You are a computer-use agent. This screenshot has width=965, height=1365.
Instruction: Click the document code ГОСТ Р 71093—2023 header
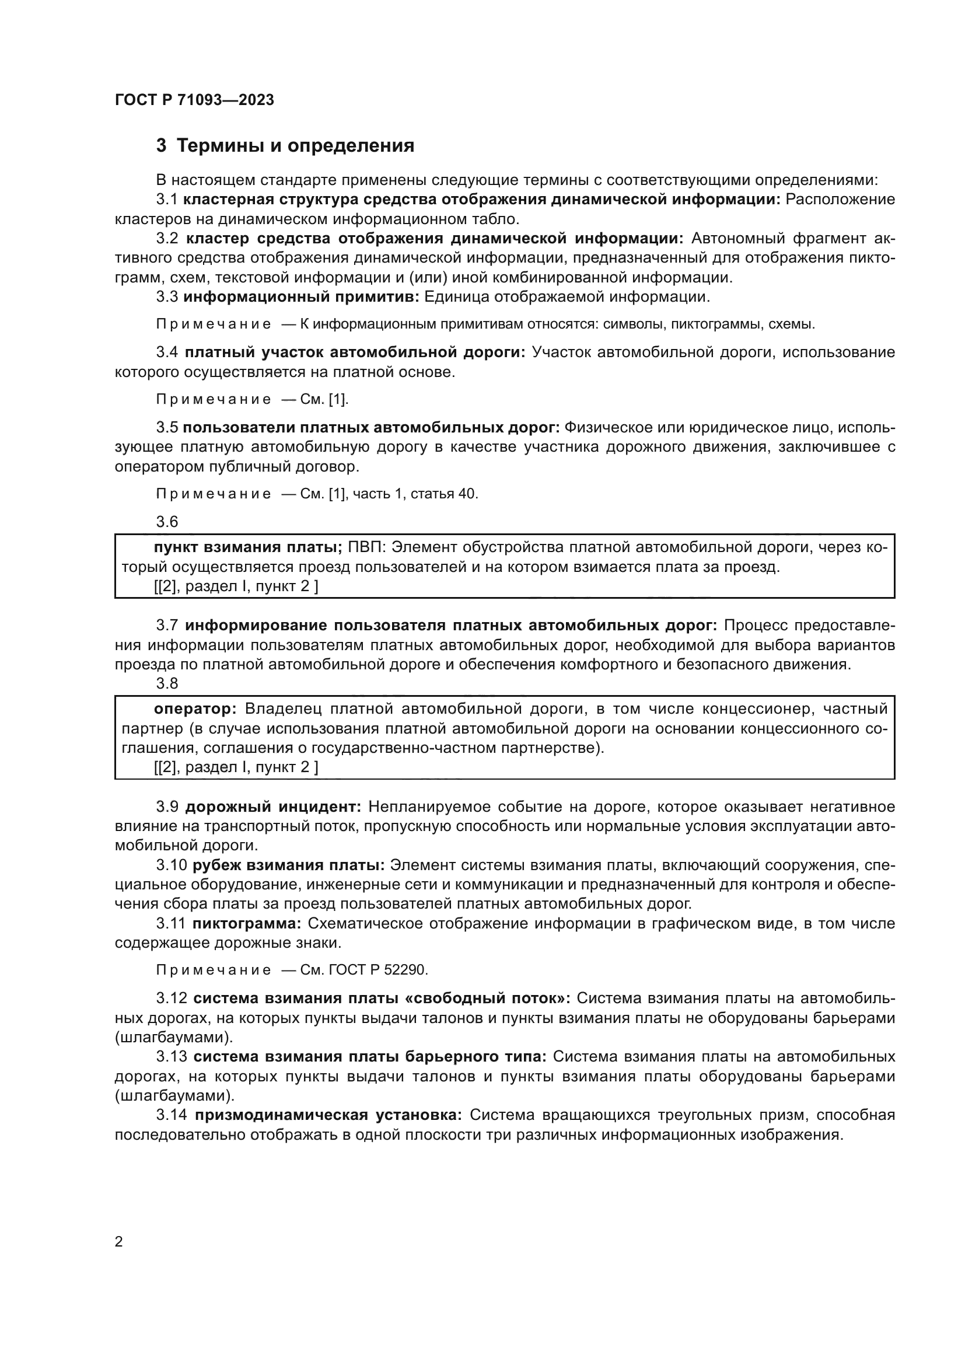194,100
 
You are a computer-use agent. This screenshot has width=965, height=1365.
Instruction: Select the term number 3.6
167,521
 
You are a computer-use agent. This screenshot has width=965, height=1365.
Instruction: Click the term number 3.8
167,684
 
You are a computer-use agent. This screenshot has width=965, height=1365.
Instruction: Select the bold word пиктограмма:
248,923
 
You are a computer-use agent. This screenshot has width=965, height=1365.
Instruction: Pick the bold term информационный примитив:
301,296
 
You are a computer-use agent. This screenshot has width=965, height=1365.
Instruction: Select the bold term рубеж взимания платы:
289,865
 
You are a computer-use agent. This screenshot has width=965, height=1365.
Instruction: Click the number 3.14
172,1115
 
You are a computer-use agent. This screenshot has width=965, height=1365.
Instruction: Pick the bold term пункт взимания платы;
248,547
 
